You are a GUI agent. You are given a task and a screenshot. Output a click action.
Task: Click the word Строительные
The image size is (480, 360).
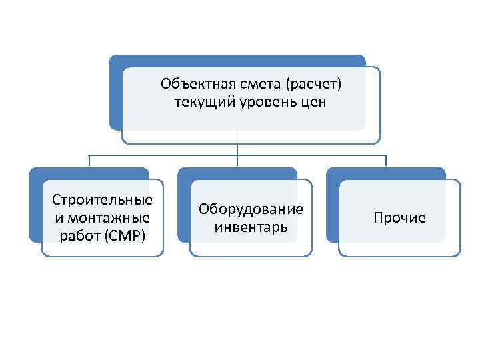pyautogui.click(x=103, y=200)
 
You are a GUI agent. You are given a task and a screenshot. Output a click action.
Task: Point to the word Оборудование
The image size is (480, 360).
pyautogui.click(x=251, y=209)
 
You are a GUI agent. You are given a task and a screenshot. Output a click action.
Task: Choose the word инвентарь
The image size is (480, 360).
pyautogui.click(x=251, y=227)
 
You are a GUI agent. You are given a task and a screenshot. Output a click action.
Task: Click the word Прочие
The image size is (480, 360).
pyautogui.click(x=399, y=218)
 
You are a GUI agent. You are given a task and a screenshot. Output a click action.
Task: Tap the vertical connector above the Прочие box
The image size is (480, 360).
pyautogui.click(x=386, y=161)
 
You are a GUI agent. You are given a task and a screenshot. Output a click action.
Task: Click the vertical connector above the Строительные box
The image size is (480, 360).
pyautogui.click(x=89, y=161)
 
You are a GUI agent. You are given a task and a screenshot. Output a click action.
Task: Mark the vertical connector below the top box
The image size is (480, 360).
pyautogui.click(x=238, y=149)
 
